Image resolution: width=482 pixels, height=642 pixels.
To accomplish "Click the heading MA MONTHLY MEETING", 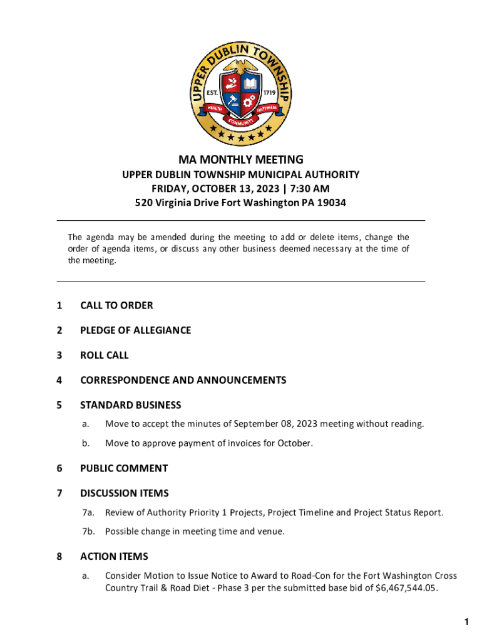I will tap(241, 160).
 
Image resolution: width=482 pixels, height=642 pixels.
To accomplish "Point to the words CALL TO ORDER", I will tap(116, 305).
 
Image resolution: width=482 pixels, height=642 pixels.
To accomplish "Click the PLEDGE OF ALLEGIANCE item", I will tap(135, 330).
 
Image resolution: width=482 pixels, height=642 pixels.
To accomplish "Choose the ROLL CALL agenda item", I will tap(104, 355).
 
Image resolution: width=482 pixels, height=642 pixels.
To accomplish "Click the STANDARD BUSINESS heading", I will tap(130, 405).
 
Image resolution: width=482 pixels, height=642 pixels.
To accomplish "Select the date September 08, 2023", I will tap(281, 424).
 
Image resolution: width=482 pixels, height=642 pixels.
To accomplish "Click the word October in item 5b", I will tap(294, 444).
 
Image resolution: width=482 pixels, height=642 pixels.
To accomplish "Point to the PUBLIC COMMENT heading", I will tap(124, 468).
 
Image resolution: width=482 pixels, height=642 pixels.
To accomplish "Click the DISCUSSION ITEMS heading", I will tap(124, 493).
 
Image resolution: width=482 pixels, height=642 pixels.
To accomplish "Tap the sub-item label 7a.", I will tap(88, 513).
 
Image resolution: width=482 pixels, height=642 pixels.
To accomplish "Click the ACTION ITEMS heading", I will tap(114, 557).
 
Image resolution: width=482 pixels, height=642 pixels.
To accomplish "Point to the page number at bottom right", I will tap(466, 622).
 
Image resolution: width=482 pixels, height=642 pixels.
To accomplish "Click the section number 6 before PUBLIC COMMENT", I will tap(59, 468).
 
